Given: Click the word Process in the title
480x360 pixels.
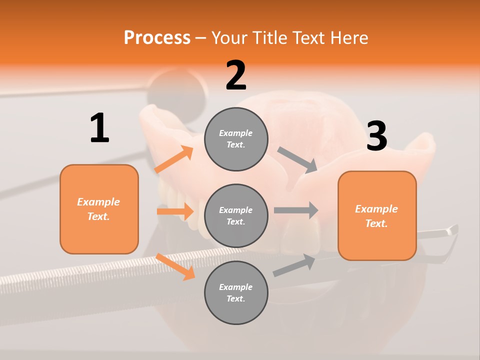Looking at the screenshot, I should click(x=157, y=37).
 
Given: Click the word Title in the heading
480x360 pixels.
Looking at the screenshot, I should click(x=269, y=37).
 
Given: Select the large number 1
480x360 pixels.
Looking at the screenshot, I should click(x=99, y=128).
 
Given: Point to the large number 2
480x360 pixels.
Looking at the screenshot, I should click(x=236, y=75).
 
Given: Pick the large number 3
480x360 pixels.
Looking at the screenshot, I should click(x=376, y=136).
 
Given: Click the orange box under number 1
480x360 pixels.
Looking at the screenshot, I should click(x=99, y=209).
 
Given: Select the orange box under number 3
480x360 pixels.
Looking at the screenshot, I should click(x=377, y=216).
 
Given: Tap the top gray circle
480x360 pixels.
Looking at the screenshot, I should click(x=236, y=139).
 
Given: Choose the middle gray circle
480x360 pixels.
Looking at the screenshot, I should click(x=236, y=215).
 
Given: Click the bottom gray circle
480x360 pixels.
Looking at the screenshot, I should click(x=236, y=292).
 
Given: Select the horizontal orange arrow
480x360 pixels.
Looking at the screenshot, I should click(x=175, y=211).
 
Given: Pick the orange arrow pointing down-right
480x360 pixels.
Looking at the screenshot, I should click(x=175, y=266).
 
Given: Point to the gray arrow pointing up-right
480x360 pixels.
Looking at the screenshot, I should click(x=294, y=265).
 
